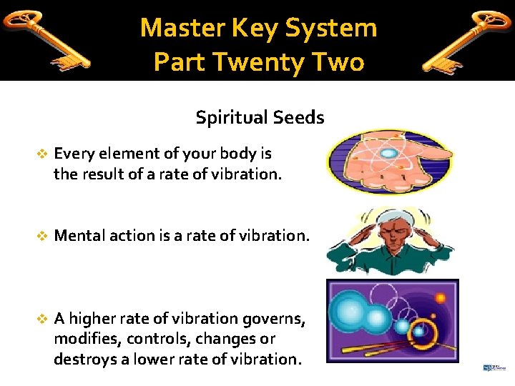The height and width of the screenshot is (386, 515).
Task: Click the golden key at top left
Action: tap(46, 39)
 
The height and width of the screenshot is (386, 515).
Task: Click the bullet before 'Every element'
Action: tap(41, 154)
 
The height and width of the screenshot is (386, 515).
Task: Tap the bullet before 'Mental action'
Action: tap(41, 236)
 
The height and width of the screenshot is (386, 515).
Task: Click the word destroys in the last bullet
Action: tap(85, 359)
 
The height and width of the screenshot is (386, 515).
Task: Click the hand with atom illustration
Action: tap(388, 163)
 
